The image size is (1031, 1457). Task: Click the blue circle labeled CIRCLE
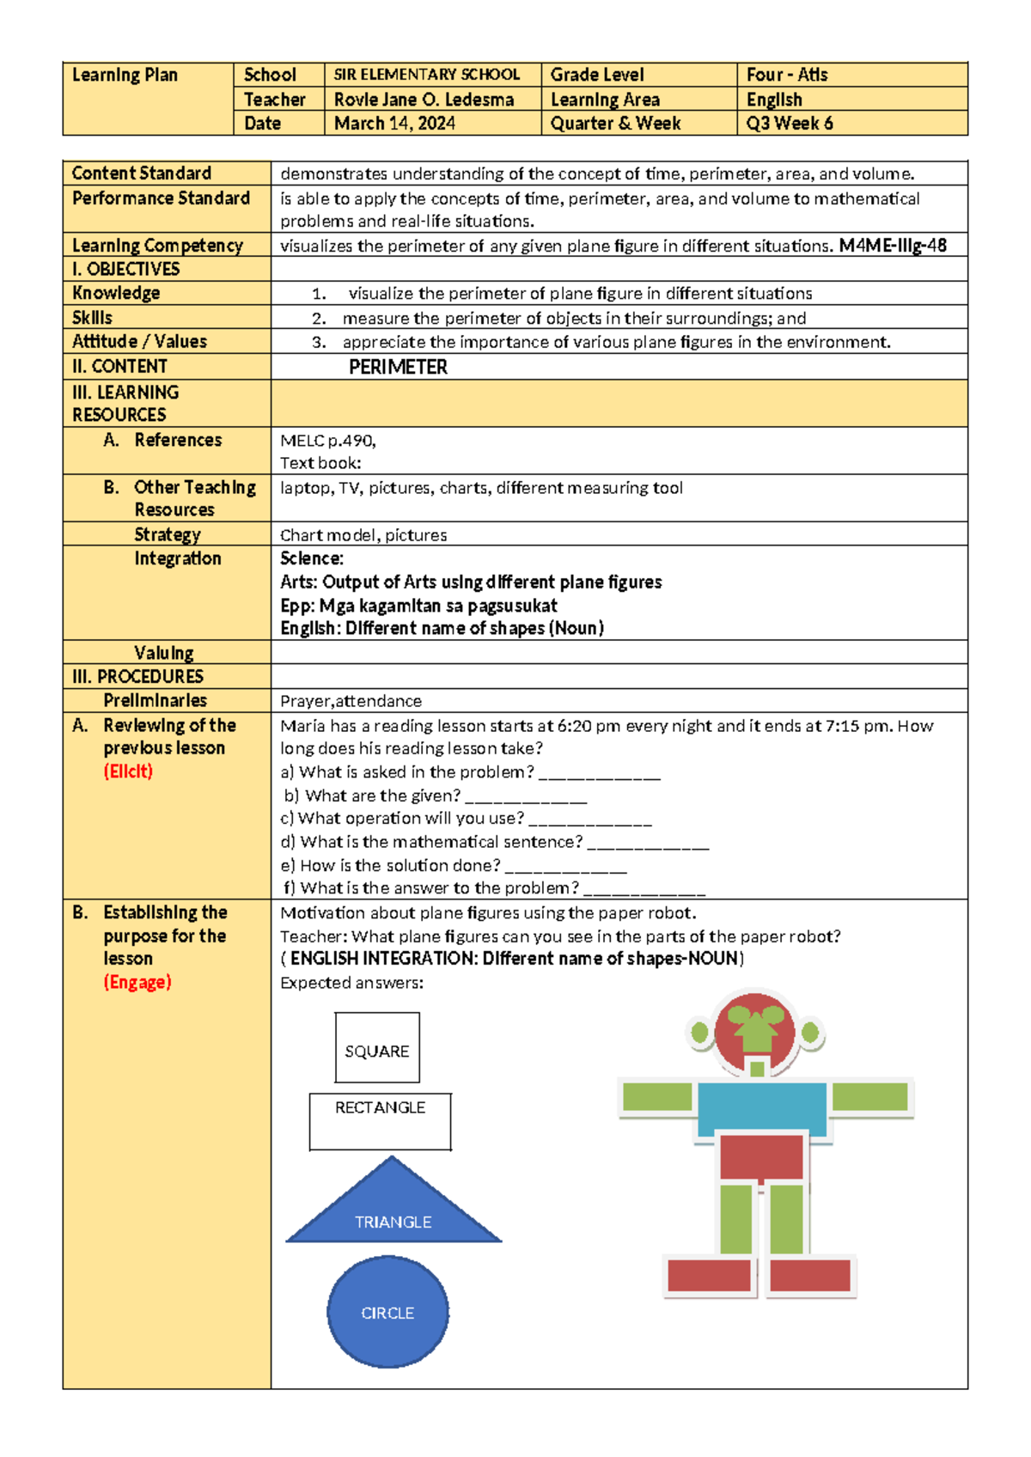(387, 1312)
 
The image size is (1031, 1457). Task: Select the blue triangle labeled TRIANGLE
(393, 1212)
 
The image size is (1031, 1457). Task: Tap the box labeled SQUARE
(377, 1048)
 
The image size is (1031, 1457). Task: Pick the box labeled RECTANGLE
(380, 1121)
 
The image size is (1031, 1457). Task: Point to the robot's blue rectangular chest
(762, 1107)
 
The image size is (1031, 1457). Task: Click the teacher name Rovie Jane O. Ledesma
(424, 100)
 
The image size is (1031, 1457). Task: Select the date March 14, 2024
(394, 124)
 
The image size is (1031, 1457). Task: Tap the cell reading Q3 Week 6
(789, 124)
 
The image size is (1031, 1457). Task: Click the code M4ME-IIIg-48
(893, 246)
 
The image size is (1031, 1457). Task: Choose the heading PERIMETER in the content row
(398, 368)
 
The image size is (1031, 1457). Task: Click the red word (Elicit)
(128, 771)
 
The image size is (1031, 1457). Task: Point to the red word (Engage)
(137, 982)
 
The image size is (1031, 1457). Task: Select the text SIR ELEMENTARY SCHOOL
(427, 75)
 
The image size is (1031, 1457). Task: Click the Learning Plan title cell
(125, 76)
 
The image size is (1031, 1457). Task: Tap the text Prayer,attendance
(351, 701)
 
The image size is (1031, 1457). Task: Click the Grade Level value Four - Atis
(787, 75)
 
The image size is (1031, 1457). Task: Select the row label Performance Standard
(161, 198)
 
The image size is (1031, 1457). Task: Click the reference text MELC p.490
(327, 441)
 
